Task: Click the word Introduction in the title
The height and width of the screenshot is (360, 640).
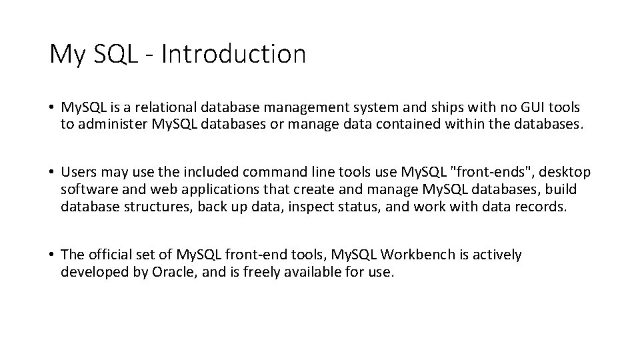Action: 233,54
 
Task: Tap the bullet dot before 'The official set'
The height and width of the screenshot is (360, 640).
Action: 51,255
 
